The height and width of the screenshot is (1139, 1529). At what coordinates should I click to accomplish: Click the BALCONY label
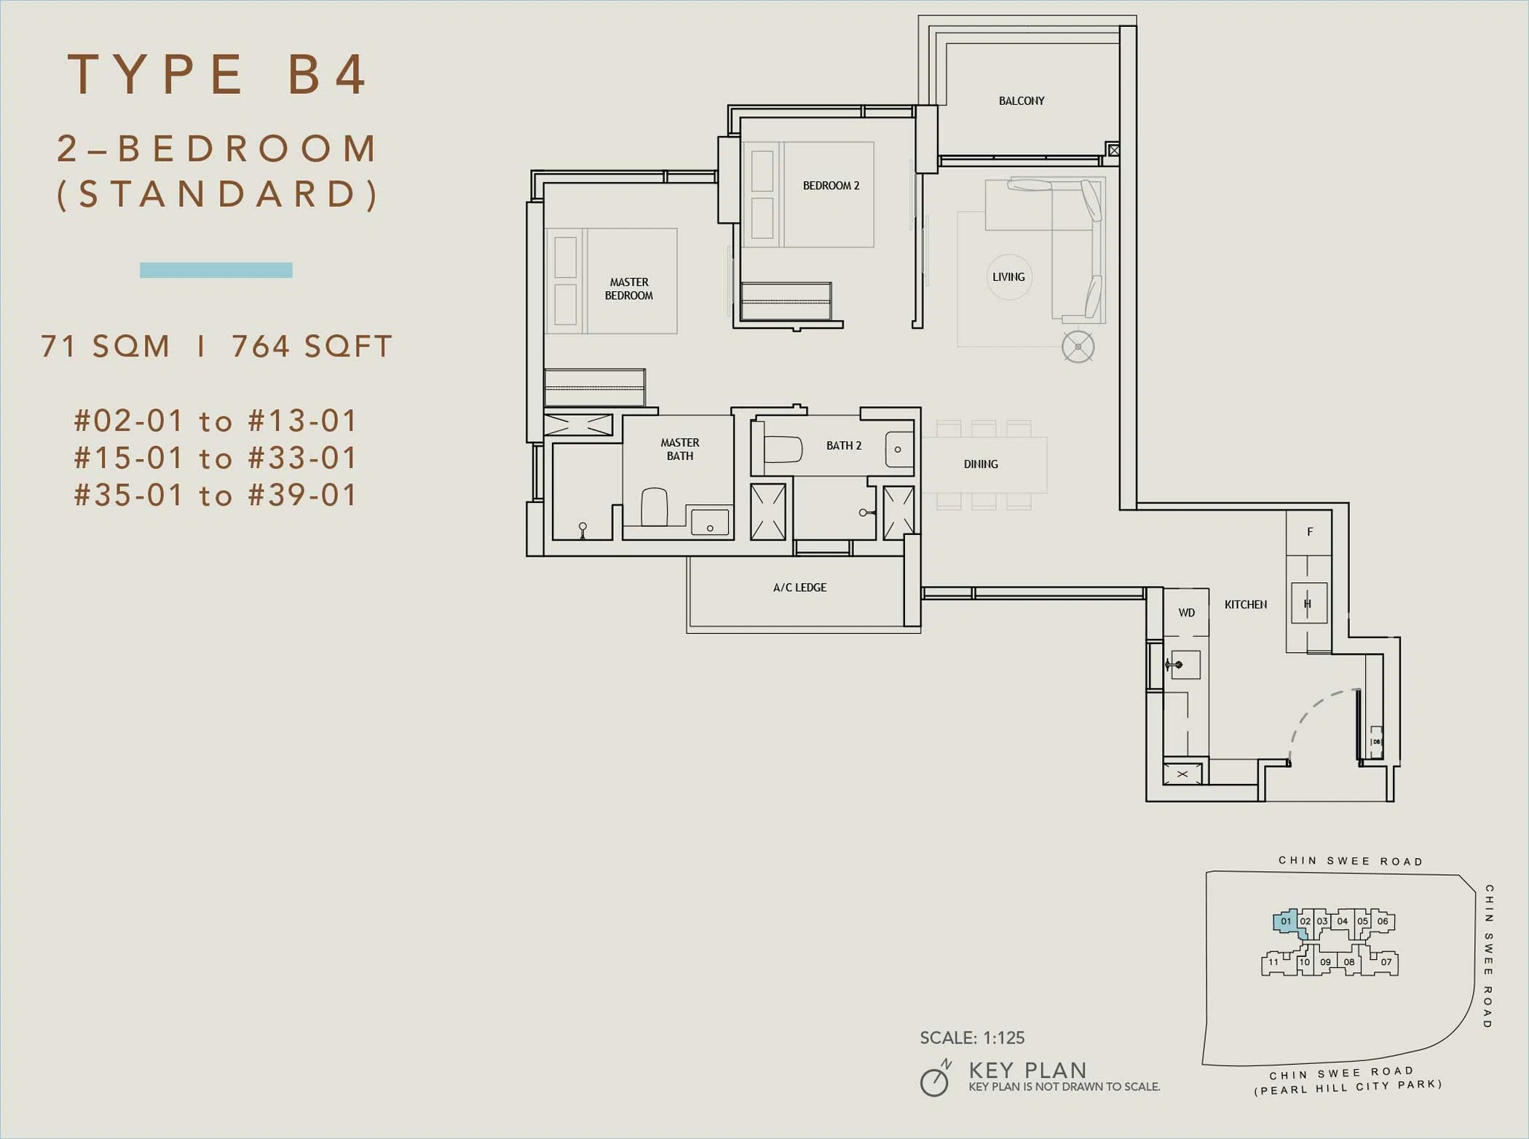pos(1022,100)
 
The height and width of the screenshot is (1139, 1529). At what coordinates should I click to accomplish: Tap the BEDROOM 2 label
pos(831,186)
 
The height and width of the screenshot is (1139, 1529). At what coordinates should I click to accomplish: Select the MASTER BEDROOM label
pos(629,289)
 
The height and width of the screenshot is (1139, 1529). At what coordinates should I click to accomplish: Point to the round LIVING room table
pos(1009,277)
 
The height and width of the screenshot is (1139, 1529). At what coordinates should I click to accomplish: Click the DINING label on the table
pos(981,464)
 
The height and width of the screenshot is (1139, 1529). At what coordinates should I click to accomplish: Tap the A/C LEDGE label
pos(799,587)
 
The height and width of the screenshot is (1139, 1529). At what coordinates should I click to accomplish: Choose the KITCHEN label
pos(1246,605)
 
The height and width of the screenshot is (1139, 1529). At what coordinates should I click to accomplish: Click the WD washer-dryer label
pos(1187,613)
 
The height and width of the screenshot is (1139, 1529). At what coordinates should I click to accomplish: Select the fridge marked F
pos(1309,533)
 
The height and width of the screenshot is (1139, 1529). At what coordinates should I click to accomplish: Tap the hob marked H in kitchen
pos(1308,603)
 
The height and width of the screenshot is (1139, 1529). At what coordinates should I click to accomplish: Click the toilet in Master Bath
pos(655,507)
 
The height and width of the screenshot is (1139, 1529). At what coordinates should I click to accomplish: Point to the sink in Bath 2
pos(899,449)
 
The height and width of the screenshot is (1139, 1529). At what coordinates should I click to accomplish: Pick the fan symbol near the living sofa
pos(1078,346)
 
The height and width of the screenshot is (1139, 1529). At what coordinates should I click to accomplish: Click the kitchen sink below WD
pos(1185,664)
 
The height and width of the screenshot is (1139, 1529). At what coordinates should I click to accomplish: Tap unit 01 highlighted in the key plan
pos(1287,922)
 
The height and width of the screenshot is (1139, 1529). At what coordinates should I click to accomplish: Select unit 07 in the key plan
pos(1386,962)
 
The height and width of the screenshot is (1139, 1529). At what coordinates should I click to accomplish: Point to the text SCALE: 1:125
pos(972,1038)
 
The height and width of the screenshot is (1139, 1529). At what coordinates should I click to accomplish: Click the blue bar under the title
pos(216,270)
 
